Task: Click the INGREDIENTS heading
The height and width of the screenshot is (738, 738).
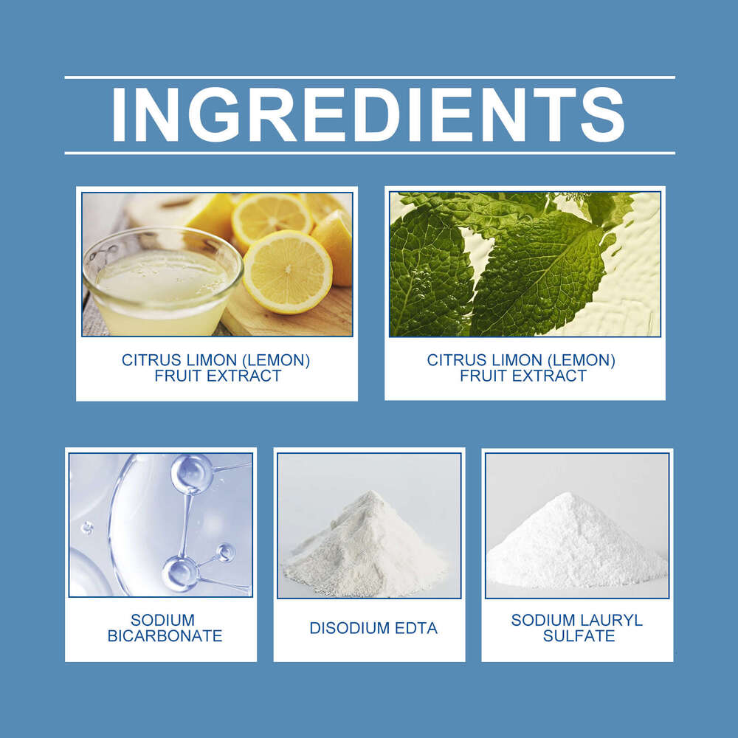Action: [x=369, y=115]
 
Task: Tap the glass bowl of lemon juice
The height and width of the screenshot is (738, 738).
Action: [x=162, y=284]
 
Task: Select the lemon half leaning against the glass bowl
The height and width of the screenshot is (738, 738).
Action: [x=287, y=272]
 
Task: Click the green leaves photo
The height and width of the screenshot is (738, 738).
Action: [x=525, y=264]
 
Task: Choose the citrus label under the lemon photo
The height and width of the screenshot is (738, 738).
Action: [x=216, y=368]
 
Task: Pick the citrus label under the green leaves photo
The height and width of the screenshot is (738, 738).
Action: [x=522, y=368]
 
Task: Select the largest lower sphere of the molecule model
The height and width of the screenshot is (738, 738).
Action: [x=180, y=573]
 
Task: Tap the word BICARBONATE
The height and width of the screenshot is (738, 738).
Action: [x=165, y=636]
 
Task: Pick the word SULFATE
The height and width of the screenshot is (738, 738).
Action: [x=579, y=636]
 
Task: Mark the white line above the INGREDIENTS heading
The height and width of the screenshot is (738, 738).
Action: [x=369, y=77]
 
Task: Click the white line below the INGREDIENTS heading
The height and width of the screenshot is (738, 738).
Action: [x=369, y=153]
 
